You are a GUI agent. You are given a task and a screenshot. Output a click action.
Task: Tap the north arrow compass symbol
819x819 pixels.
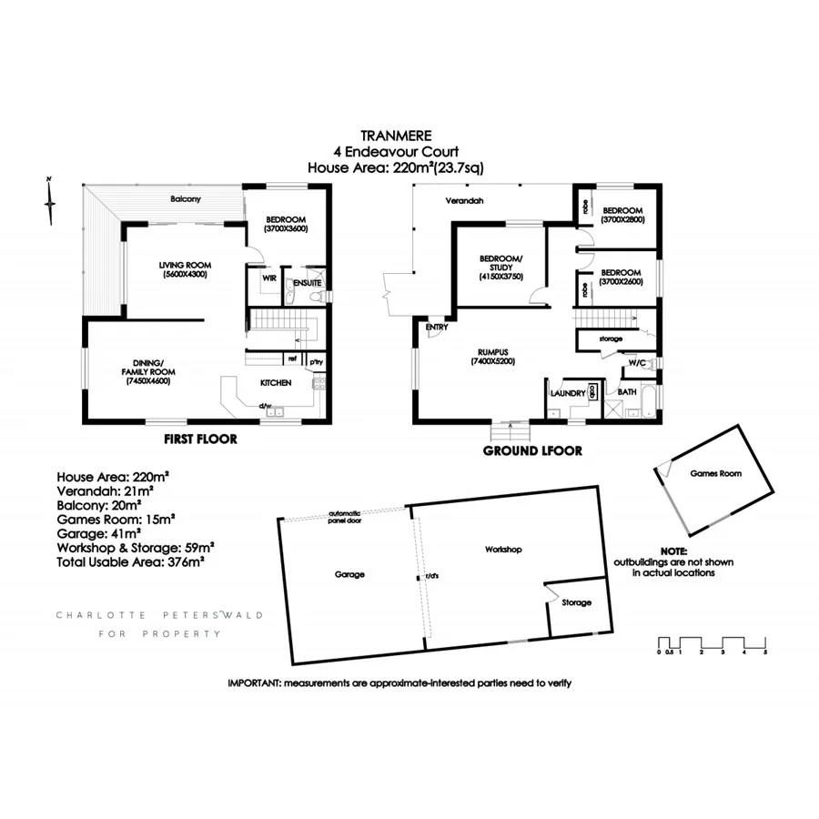[52, 200]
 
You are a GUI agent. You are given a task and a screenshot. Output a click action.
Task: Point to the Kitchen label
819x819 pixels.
[276, 383]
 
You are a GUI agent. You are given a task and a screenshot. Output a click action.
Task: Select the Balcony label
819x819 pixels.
[185, 198]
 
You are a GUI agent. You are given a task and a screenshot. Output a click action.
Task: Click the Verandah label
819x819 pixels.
[463, 200]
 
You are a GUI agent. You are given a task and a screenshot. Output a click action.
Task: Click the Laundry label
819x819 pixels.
[567, 392]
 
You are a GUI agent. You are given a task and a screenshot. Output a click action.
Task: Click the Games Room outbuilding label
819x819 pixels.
[716, 474]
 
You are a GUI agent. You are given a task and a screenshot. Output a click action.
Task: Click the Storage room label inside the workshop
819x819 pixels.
[576, 602]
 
